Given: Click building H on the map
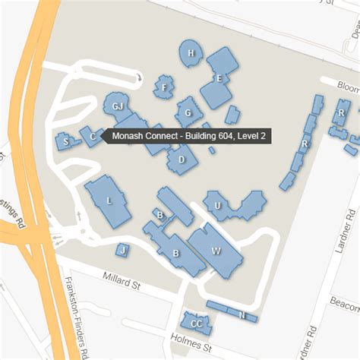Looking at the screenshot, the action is (192, 53).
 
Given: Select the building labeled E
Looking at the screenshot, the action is (218, 77).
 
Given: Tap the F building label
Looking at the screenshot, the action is (164, 87).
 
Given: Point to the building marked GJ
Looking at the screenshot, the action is (118, 106).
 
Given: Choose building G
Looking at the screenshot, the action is (187, 113).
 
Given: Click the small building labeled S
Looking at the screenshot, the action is (66, 141).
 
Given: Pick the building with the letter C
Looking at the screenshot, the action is (92, 137).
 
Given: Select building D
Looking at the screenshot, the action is (181, 159).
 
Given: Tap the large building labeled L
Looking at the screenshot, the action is (109, 201).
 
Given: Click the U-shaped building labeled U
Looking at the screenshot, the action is (217, 205).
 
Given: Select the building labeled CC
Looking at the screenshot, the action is (196, 323).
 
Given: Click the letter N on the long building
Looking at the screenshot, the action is (241, 314).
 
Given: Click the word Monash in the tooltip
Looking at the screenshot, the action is (130, 137).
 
